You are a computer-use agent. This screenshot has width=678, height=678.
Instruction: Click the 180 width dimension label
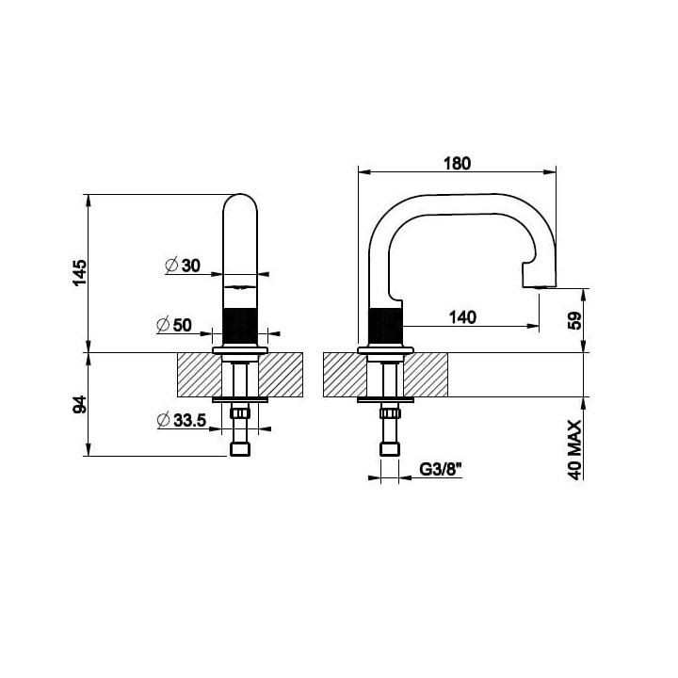pyautogui.click(x=457, y=164)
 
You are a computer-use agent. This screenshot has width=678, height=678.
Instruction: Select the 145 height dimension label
pyautogui.click(x=79, y=273)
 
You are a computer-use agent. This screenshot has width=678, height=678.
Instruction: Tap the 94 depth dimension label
pyautogui.click(x=79, y=405)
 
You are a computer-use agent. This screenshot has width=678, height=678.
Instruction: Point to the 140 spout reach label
pyautogui.click(x=462, y=317)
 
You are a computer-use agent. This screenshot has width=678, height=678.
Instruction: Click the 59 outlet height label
pyautogui.click(x=575, y=320)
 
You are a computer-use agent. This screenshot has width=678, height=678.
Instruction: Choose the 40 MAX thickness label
pyautogui.click(x=575, y=450)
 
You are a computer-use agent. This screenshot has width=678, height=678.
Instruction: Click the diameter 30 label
pyautogui.click(x=183, y=265)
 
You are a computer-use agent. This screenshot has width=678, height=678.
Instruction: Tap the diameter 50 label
pyautogui.click(x=174, y=325)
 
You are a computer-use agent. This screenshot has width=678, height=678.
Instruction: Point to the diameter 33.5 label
pyautogui.click(x=182, y=420)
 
